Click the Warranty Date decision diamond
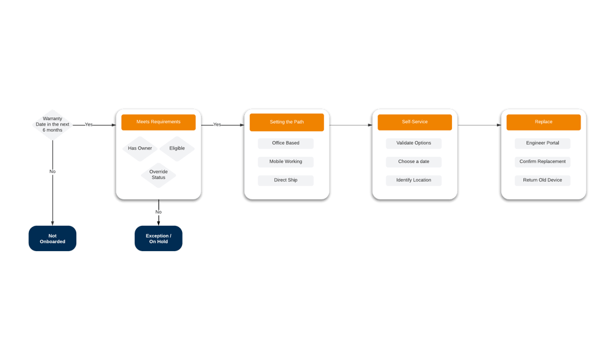(52, 124)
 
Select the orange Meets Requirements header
(158, 122)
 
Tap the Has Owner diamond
(140, 148)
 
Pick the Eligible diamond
(177, 148)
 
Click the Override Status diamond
(158, 175)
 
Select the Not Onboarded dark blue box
(52, 238)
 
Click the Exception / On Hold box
(158, 238)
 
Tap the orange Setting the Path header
(286, 122)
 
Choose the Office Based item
(286, 143)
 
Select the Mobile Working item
(286, 162)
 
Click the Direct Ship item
(286, 180)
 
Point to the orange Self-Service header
(415, 122)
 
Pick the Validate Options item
(414, 143)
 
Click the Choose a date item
(414, 162)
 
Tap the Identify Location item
(414, 180)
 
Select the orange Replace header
(543, 122)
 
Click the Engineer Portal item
(543, 143)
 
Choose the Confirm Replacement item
(543, 162)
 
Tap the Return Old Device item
(543, 180)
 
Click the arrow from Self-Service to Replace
(478, 125)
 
